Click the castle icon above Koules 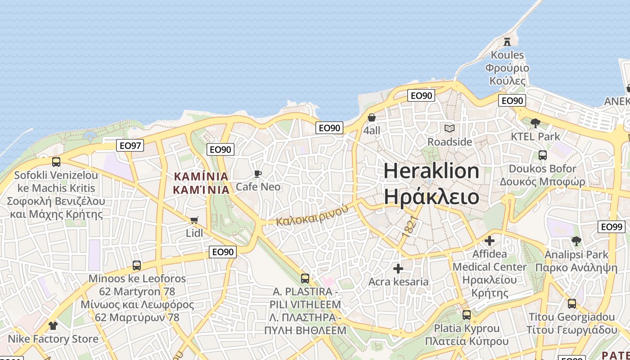point(507,42)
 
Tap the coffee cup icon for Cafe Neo point(258,174)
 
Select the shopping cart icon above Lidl point(194,220)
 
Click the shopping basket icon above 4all point(372,117)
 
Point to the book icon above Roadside point(449,129)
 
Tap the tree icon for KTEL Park point(535,123)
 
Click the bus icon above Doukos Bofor point(542,155)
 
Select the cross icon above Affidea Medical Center point(489,241)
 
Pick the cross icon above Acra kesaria point(398,269)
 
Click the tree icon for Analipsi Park point(576,241)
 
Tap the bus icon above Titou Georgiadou point(571,304)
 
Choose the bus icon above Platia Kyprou point(467,315)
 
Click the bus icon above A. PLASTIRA point(305,279)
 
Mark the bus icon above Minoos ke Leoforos point(136,265)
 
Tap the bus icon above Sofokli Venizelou point(56,162)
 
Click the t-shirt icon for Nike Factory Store point(53,325)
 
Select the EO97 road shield point(130,145)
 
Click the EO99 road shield point(612,227)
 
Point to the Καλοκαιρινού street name point(312,216)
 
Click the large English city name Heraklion point(431,171)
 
